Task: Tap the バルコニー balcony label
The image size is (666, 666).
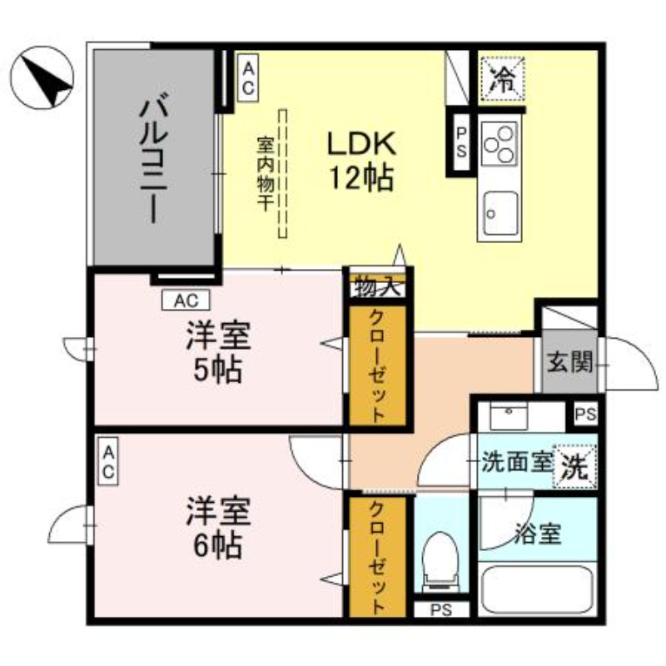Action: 155,158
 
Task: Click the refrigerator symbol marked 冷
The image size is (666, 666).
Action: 503,77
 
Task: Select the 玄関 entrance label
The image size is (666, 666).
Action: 569,362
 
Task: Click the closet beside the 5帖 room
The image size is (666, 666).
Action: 377,366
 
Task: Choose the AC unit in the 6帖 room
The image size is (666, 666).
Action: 108,462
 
